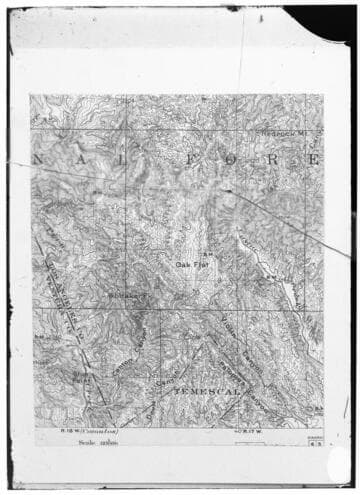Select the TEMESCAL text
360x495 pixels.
point(208,394)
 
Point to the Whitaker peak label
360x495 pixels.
point(126,295)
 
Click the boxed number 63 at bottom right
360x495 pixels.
point(316,441)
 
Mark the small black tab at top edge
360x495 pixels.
point(232,8)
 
